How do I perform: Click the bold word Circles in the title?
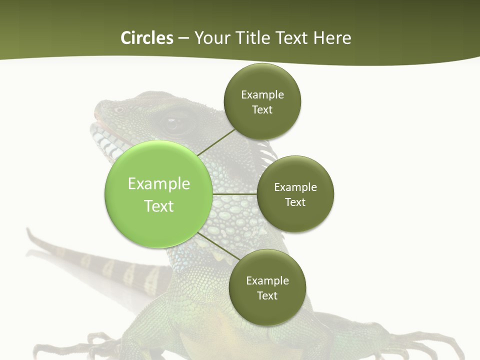tap(147, 38)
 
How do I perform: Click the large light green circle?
tap(158, 194)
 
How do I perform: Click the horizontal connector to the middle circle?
tap(234, 194)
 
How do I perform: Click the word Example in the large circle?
tap(158, 183)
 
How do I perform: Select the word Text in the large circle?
tap(158, 206)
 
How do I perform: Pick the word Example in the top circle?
tap(262, 94)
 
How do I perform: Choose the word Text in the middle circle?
tap(295, 202)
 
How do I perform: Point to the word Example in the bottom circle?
tap(267, 280)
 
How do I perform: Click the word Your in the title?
tap(211, 38)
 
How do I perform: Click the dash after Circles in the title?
tap(183, 38)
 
